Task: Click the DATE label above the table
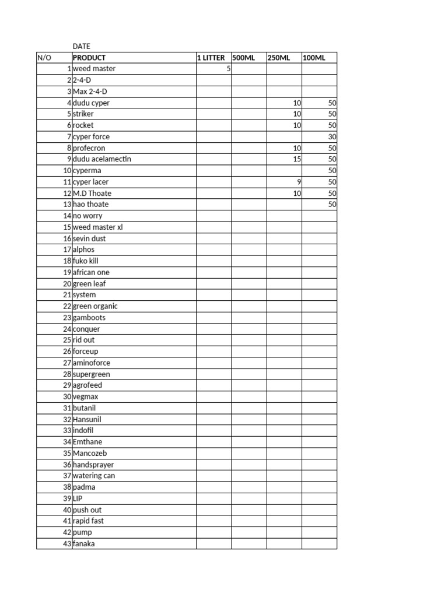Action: [x=81, y=46]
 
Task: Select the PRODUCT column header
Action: [x=89, y=58]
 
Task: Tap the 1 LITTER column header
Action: [x=211, y=58]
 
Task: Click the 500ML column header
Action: [x=244, y=58]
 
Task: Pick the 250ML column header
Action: [x=279, y=58]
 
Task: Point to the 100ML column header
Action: [x=314, y=58]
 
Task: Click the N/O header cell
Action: [x=44, y=58]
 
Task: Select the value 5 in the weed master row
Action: [x=229, y=69]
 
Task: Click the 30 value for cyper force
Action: [x=332, y=136]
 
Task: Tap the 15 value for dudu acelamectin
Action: [x=297, y=159]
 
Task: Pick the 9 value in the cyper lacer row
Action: [x=299, y=182]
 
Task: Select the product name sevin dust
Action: [x=89, y=238]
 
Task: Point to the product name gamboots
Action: [x=89, y=318]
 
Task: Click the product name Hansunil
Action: [x=87, y=419]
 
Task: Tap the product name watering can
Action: [x=94, y=476]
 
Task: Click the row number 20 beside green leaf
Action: [x=67, y=284]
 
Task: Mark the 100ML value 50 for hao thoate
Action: [x=332, y=205]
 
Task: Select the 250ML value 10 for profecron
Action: [x=297, y=148]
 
